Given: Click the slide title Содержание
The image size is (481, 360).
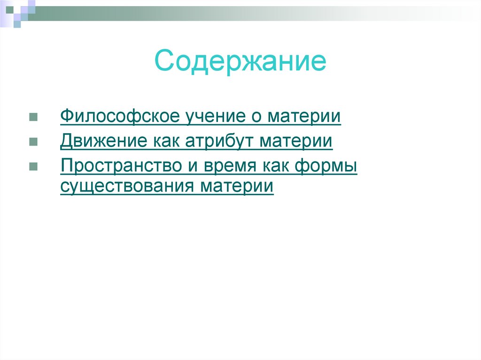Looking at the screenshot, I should tap(240, 62).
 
